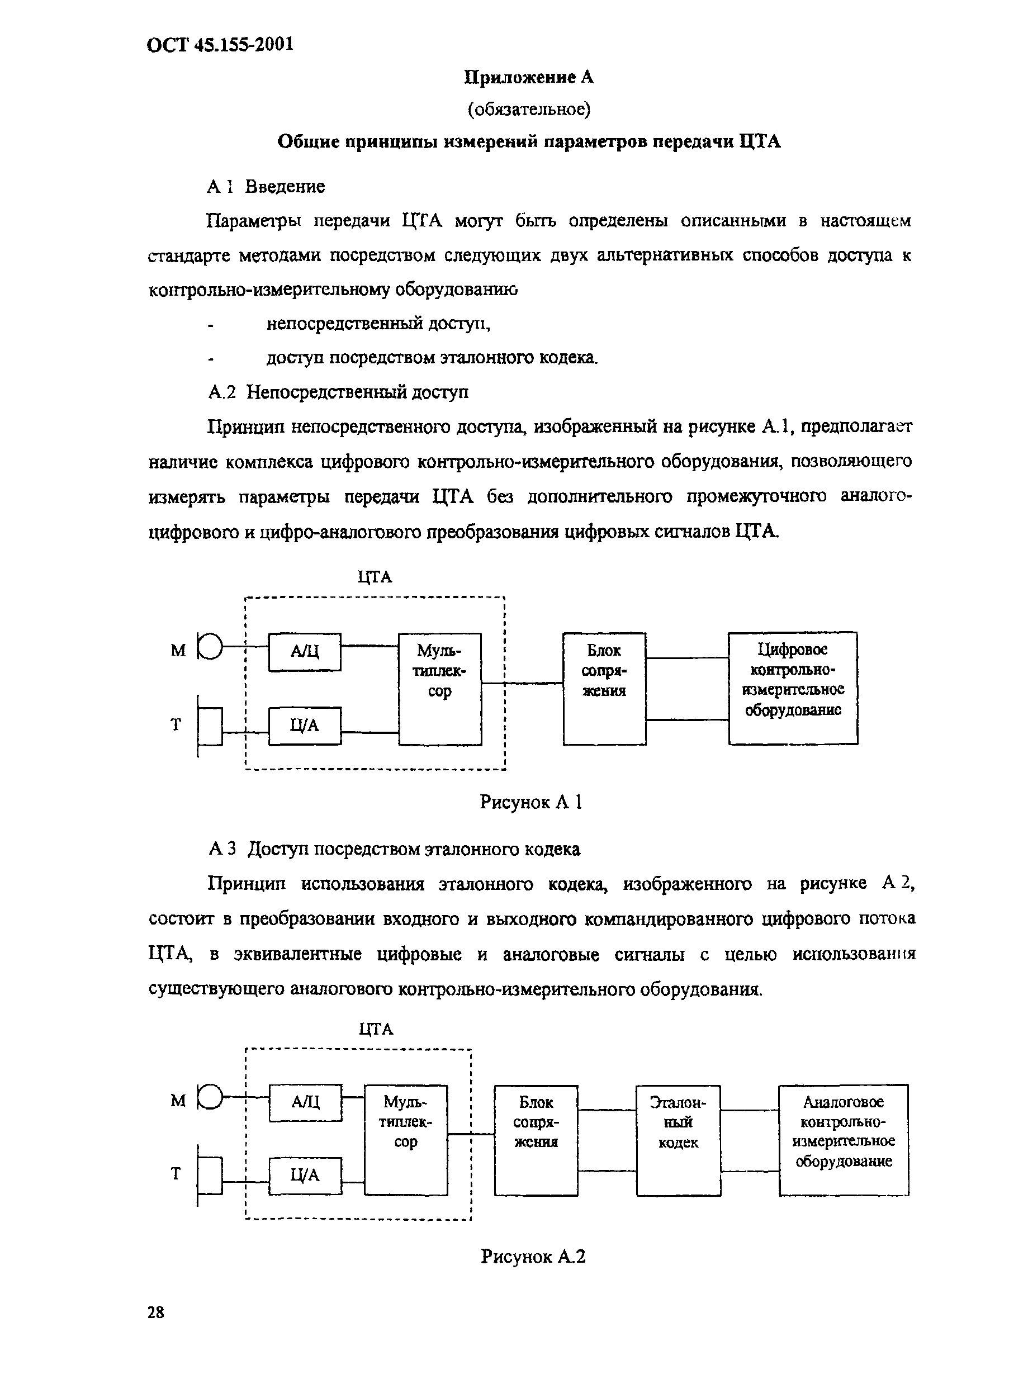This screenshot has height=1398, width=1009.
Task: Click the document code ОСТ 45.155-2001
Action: [x=220, y=44]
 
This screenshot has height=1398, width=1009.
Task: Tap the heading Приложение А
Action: [x=528, y=77]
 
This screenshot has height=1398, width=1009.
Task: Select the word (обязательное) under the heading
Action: [x=529, y=110]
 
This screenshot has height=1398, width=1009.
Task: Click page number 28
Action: [x=156, y=1312]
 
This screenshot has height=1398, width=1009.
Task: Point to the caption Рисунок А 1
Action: [x=530, y=802]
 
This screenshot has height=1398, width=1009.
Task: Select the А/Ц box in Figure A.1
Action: [x=305, y=652]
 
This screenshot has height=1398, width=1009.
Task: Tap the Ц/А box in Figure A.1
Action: [x=305, y=726]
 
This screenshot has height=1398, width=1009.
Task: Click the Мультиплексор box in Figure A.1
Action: [x=439, y=689]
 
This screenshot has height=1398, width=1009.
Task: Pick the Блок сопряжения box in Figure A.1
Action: [x=604, y=689]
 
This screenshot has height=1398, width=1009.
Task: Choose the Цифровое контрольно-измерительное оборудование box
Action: [x=793, y=688]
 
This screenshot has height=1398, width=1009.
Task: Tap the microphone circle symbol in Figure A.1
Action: [x=210, y=647]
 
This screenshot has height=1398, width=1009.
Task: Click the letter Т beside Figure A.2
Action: [x=176, y=1174]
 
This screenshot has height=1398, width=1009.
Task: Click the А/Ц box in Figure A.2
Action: [x=305, y=1102]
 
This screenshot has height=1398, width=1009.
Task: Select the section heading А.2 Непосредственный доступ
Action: [x=338, y=392]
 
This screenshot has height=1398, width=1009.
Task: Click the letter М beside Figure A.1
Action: [x=178, y=650]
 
